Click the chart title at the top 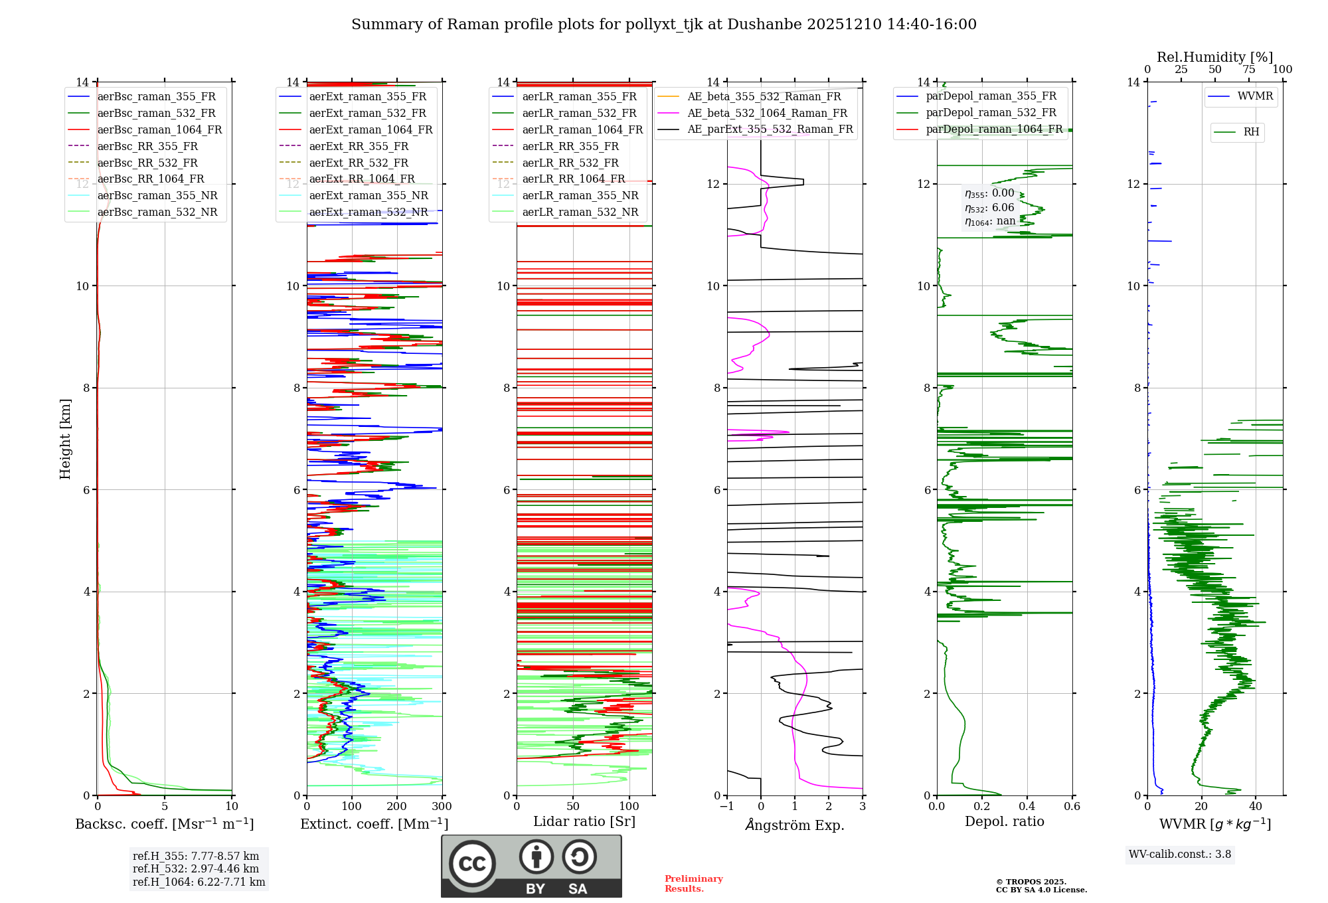[x=663, y=25]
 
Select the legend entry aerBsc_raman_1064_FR [x=159, y=129]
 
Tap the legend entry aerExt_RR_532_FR [x=359, y=163]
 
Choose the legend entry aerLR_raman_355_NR [x=580, y=195]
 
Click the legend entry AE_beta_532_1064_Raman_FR [x=767, y=113]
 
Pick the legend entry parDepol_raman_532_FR [x=991, y=113]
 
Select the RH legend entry [x=1251, y=132]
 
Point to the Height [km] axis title [x=65, y=438]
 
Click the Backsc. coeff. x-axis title [x=164, y=824]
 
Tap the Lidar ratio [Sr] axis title [x=584, y=821]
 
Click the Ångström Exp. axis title [x=794, y=825]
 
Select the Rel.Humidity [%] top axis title [x=1214, y=57]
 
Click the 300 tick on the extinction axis [x=442, y=807]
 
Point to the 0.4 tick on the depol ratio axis [x=1027, y=807]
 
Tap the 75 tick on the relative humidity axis [x=1249, y=70]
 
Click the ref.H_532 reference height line [x=196, y=868]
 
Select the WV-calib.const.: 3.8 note [x=1179, y=855]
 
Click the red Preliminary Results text [x=693, y=884]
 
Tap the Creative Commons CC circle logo [x=472, y=864]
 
